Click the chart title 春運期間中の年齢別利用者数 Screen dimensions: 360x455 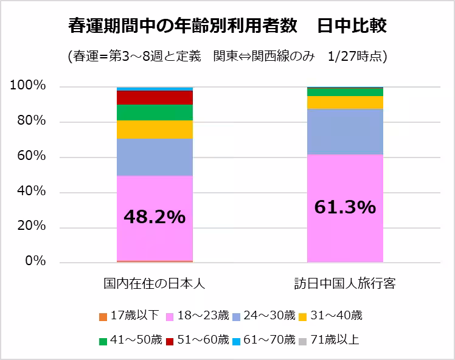[182, 27]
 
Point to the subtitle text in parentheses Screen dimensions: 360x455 [228, 56]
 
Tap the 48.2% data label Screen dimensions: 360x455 [154, 216]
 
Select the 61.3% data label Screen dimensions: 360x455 [345, 207]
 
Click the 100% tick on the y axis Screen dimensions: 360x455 [28, 86]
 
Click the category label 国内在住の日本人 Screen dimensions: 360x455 [154, 284]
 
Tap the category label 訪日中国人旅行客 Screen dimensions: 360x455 [345, 284]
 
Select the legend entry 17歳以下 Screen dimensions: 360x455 [130, 315]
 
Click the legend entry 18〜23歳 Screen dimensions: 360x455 [201, 315]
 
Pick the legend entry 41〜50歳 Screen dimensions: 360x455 [130, 339]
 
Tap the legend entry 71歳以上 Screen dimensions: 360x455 [332, 339]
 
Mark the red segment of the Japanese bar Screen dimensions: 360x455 [154, 97]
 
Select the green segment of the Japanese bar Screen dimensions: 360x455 [154, 112]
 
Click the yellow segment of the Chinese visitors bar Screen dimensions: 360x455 [345, 102]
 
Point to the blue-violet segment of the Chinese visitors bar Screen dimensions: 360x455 [345, 131]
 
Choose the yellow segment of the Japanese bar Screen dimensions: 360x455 [154, 130]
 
